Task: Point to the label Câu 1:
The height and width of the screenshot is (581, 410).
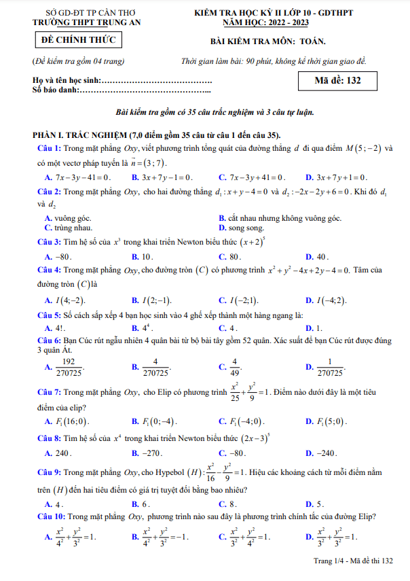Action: (x=49, y=148)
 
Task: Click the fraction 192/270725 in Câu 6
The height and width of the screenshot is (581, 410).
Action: (x=69, y=367)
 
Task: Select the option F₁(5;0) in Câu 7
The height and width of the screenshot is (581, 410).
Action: (x=331, y=422)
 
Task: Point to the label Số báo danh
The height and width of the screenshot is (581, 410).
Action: (x=56, y=90)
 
